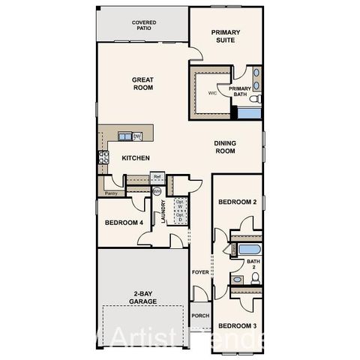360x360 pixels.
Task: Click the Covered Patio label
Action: (144, 26)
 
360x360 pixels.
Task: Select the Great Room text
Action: (142, 83)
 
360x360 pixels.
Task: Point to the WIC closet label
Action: (212, 93)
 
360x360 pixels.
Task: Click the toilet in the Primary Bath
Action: (254, 98)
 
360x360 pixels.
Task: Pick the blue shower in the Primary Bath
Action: (248, 113)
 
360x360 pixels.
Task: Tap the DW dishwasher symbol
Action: (137, 136)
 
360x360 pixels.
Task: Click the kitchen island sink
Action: (124, 136)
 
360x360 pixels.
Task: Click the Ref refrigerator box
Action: (157, 177)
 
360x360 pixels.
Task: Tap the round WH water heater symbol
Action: (157, 191)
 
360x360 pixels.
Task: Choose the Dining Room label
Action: (225, 147)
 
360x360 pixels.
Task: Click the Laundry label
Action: (163, 212)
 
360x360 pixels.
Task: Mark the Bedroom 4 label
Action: (124, 222)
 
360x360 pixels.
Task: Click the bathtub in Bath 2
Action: (247, 249)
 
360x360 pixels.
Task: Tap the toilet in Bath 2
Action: (256, 278)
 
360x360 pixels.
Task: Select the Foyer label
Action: (199, 271)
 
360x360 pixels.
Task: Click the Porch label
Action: (200, 316)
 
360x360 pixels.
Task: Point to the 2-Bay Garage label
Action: (142, 297)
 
